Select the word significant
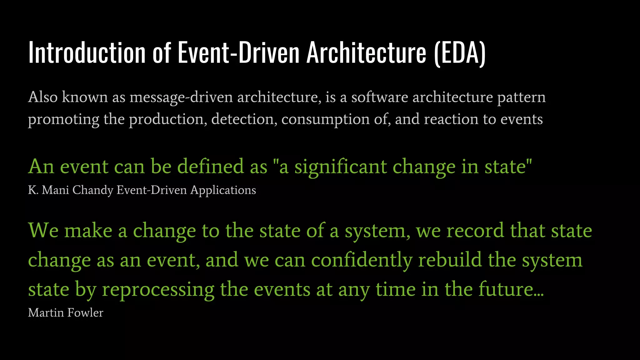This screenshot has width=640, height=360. pos(341,167)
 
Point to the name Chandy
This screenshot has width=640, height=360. pos(93,190)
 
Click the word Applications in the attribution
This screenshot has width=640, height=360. pos(223,190)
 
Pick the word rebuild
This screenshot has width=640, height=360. pos(450,260)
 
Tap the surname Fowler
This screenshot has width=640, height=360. pos(85,312)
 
